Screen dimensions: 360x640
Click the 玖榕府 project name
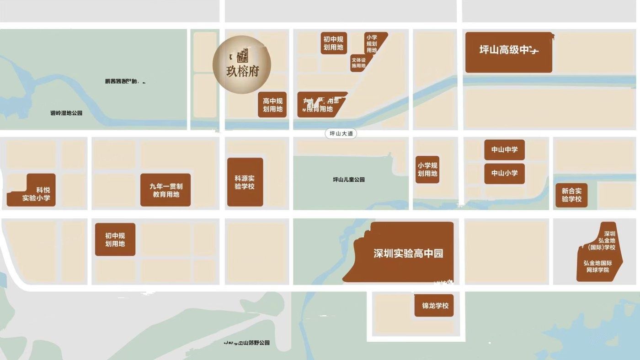[x=242, y=73]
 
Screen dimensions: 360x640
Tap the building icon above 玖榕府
[x=242, y=56]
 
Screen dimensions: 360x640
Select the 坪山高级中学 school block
[x=508, y=52]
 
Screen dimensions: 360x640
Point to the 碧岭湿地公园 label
[x=66, y=113]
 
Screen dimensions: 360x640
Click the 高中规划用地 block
[x=272, y=105]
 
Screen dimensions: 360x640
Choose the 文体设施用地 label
[x=358, y=63]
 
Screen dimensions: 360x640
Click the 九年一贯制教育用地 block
[x=165, y=190]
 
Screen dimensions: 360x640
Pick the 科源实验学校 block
[x=245, y=182]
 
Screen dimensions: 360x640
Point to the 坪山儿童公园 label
[x=349, y=180]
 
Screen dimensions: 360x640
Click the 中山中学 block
[x=504, y=149]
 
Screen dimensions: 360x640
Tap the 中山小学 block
[x=504, y=173]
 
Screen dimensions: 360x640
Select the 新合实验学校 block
[x=571, y=195]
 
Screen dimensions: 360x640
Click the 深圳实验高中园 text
[x=408, y=254]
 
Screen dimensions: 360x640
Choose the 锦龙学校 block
[x=434, y=306]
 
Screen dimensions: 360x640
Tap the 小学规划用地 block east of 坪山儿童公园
[x=427, y=169]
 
